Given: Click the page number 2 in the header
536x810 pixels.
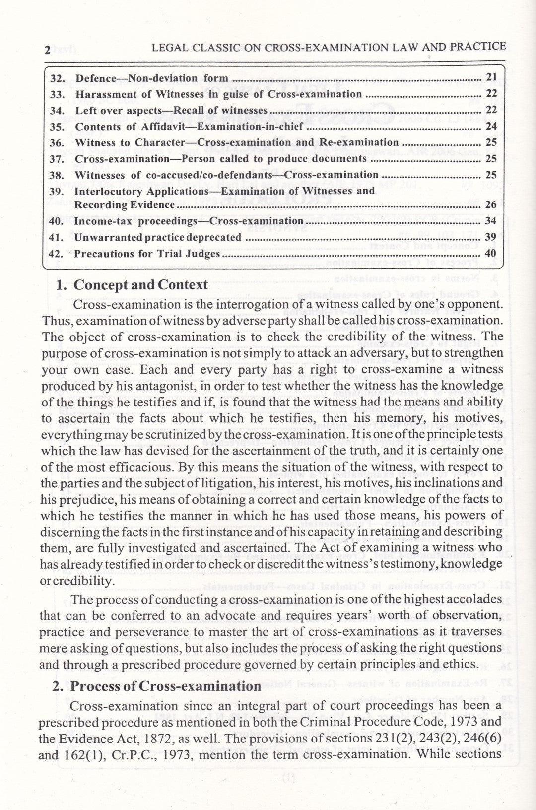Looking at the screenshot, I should click(x=48, y=50).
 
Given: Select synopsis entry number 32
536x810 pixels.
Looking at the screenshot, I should click(x=58, y=78).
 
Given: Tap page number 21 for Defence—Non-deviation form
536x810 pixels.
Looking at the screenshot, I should click(x=491, y=77).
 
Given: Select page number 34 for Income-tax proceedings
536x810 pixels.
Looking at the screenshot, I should click(x=491, y=220).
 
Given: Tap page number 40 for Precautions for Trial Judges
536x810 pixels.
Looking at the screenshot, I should click(x=491, y=253).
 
